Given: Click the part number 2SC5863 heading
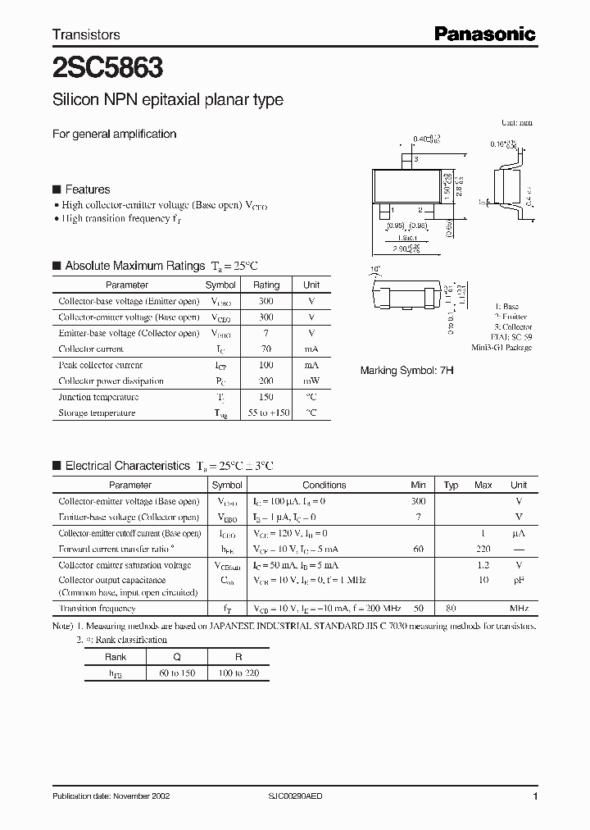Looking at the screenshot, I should (107, 66).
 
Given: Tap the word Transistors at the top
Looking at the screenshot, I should (86, 34).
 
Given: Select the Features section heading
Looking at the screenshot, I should (87, 189).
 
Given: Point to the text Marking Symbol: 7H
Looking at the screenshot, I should (406, 371).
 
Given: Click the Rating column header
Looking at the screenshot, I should (266, 285).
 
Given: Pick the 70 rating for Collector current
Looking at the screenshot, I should (266, 349).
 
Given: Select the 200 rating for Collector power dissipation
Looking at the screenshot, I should (266, 381).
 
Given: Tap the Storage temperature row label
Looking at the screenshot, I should (97, 413).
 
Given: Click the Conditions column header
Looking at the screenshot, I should (324, 486).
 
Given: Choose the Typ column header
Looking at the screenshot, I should (451, 486).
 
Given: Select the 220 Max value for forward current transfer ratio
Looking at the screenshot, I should (483, 550).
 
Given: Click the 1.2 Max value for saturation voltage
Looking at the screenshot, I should (483, 565).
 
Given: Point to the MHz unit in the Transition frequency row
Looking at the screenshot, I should (519, 609).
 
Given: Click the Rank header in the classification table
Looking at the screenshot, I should (116, 657).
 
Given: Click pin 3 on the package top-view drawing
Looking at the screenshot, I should (416, 159).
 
